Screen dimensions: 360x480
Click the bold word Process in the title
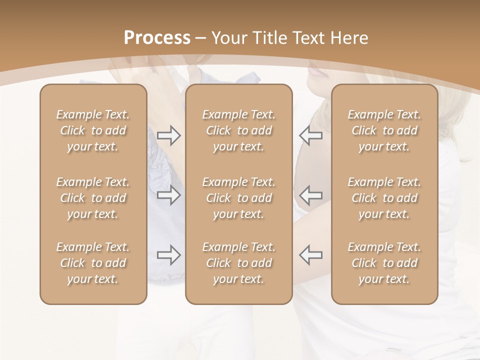[157, 38]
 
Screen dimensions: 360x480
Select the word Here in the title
[348, 38]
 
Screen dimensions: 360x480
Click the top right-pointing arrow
[168, 135]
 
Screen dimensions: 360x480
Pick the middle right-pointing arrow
[168, 194]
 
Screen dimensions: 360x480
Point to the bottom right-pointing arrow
[168, 255]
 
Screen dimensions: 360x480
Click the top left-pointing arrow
[311, 135]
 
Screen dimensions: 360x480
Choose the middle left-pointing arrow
[311, 194]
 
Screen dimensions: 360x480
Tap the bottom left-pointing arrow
[311, 255]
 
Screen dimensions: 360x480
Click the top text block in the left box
[93, 130]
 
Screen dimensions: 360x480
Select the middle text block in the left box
[93, 198]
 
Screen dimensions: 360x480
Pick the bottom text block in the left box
[93, 263]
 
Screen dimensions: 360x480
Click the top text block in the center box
[239, 130]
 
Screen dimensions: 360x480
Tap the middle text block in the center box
[239, 198]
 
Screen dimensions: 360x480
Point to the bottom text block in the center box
[239, 263]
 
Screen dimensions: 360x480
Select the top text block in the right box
[384, 130]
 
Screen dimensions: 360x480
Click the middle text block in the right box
[384, 198]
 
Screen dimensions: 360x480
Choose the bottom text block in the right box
[384, 263]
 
